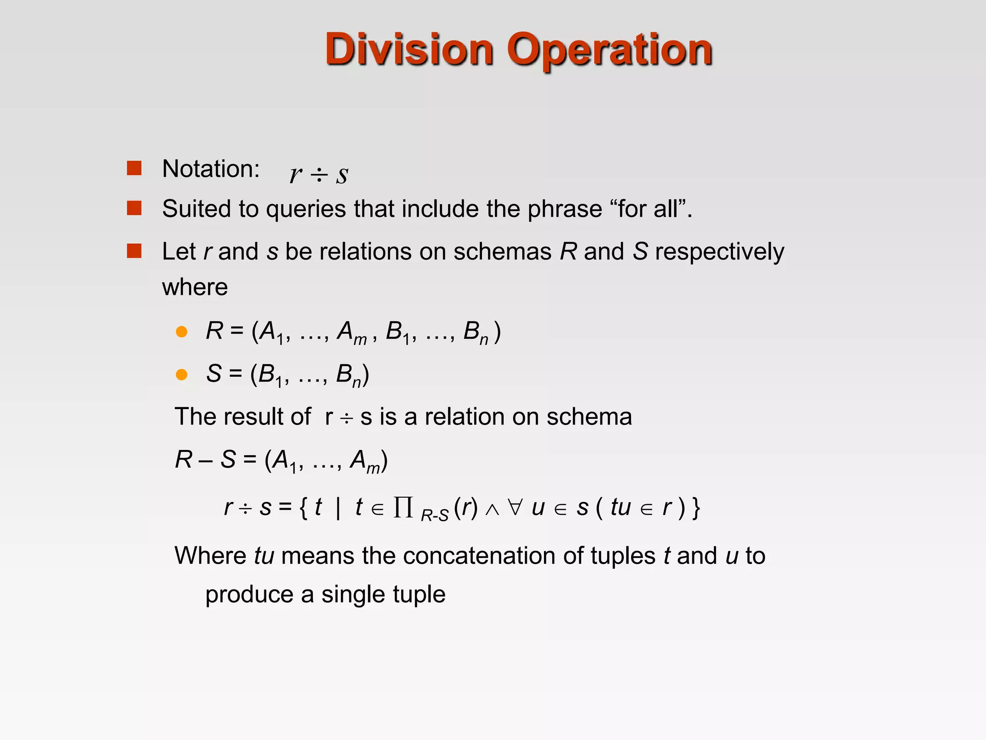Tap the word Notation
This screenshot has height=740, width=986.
click(x=211, y=169)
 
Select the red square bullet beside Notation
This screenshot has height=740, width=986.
click(x=134, y=168)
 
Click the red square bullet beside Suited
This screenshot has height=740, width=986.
click(x=134, y=208)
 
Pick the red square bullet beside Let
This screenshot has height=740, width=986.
click(x=134, y=251)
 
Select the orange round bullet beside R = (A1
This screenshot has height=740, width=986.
click(x=182, y=331)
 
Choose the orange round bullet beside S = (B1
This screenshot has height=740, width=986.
click(x=182, y=374)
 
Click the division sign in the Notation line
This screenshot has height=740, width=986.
click(x=319, y=174)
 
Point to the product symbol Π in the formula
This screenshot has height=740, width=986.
click(x=403, y=507)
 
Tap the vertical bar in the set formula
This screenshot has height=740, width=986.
click(x=338, y=508)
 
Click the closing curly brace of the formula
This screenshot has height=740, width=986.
click(x=696, y=508)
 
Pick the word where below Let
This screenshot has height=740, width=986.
click(x=195, y=288)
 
